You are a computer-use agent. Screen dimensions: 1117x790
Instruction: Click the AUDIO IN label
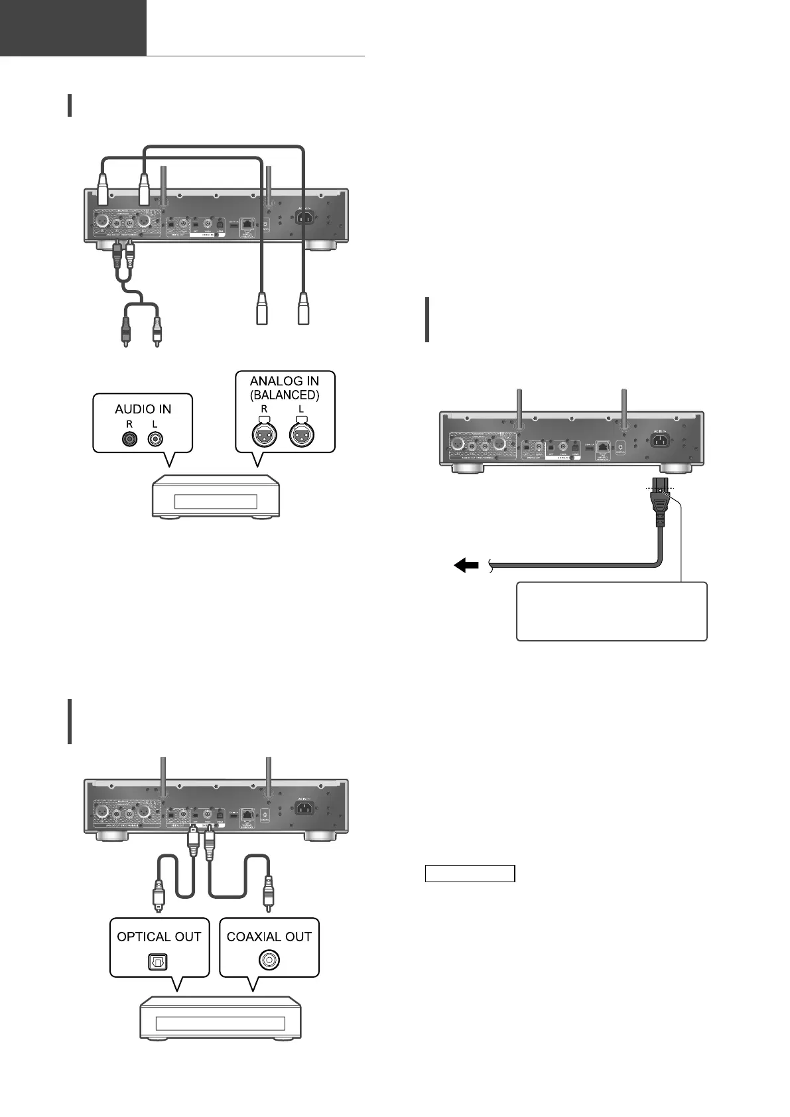143,409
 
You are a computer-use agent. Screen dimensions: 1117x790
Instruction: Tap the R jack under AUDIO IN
130,438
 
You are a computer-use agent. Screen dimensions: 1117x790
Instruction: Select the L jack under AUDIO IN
155,438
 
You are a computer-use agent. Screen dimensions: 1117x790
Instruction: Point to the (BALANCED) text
285,394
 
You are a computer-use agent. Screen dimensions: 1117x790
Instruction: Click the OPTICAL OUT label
159,937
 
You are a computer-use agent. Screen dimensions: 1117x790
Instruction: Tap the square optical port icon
159,960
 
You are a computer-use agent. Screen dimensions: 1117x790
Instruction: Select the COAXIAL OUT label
269,937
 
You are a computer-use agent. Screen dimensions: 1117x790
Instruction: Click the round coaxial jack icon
269,960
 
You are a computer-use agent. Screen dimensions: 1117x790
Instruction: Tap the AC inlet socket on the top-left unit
306,220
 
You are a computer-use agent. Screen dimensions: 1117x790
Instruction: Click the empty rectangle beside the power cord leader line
612,611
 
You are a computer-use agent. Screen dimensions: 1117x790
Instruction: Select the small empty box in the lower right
470,874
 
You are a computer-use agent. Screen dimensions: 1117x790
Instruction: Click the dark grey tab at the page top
73,28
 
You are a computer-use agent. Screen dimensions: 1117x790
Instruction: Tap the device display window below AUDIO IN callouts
215,501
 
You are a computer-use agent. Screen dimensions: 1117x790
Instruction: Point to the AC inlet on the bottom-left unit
305,809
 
